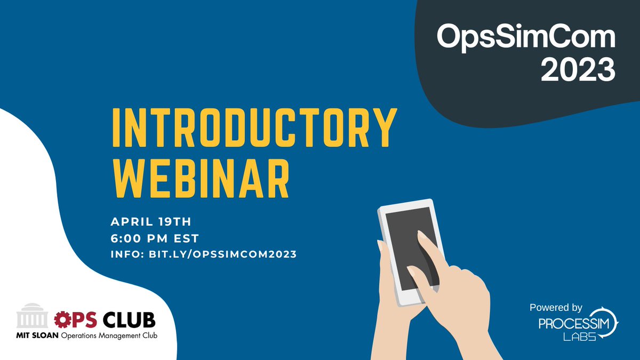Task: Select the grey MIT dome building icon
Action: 33,319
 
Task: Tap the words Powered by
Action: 556,308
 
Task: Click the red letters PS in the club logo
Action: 83,320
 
